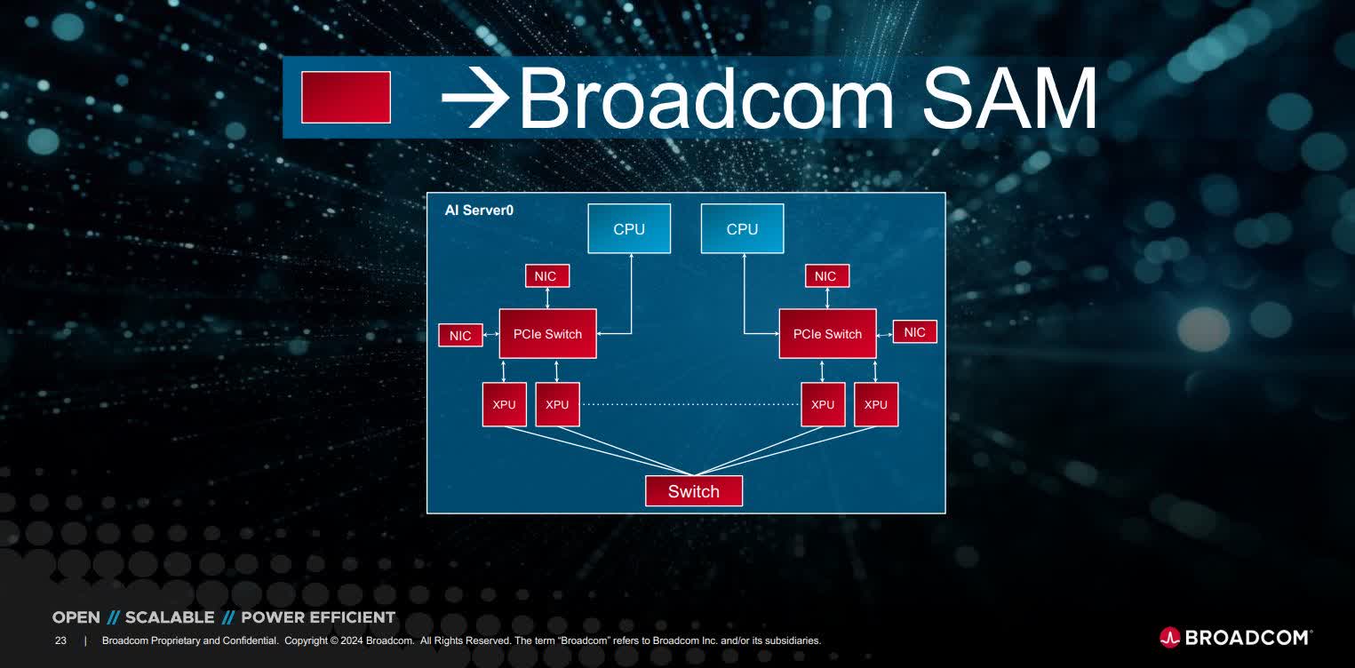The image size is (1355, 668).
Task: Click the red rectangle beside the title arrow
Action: click(346, 97)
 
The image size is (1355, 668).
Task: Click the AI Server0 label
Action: click(479, 211)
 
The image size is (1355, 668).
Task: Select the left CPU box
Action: click(629, 229)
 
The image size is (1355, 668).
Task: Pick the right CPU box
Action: click(742, 229)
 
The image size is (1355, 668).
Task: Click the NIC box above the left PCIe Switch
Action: click(546, 276)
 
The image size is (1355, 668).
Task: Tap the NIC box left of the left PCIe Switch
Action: click(460, 336)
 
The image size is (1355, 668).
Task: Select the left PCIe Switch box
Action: click(547, 334)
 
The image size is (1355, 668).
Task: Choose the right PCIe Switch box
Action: click(827, 334)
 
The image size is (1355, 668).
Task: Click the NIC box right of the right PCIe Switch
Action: click(914, 332)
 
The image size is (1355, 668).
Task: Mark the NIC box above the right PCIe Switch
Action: click(825, 276)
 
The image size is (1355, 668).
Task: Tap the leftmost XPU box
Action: click(504, 404)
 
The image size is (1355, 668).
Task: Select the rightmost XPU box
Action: click(875, 404)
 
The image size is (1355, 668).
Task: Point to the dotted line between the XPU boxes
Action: click(689, 404)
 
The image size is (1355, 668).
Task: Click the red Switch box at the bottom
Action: click(693, 491)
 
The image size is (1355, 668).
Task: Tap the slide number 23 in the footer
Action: click(60, 640)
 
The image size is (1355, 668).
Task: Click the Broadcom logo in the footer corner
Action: click(1235, 637)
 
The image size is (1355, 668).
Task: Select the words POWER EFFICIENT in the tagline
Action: click(318, 617)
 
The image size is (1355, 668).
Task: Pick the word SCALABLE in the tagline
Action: click(170, 617)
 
